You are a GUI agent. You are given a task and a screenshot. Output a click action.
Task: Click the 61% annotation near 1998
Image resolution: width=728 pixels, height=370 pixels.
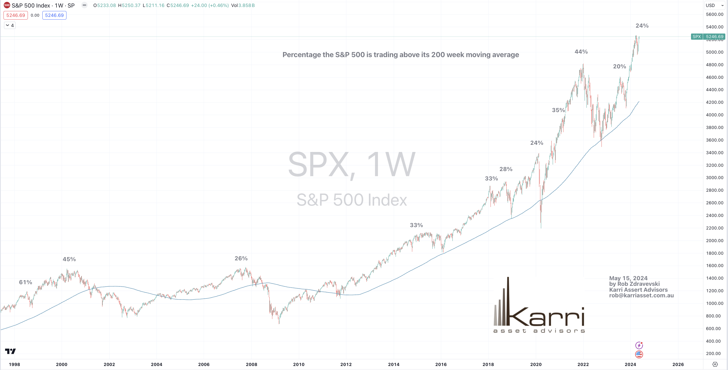click(x=25, y=282)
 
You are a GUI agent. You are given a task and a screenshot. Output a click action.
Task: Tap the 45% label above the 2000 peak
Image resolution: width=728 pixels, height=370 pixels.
click(x=69, y=259)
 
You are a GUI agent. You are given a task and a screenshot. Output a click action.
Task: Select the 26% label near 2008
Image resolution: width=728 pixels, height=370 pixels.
click(x=241, y=258)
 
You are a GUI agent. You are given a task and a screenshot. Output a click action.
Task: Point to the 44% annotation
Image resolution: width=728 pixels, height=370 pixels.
click(x=581, y=52)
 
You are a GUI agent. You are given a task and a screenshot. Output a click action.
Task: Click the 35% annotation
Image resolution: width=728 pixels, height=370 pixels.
click(x=558, y=110)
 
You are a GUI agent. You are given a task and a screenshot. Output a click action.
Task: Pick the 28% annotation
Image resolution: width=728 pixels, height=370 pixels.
click(x=506, y=169)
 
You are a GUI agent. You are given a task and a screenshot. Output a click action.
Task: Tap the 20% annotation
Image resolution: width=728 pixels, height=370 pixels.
click(x=619, y=66)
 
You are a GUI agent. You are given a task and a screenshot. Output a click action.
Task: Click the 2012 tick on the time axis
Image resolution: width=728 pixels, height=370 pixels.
click(x=346, y=364)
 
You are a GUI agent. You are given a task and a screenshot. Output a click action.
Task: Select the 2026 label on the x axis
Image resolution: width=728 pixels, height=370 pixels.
click(x=678, y=364)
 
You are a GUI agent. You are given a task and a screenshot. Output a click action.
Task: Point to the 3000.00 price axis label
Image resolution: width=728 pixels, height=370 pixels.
click(x=714, y=177)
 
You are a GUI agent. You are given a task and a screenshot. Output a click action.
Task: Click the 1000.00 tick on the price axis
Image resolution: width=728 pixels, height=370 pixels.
click(x=714, y=303)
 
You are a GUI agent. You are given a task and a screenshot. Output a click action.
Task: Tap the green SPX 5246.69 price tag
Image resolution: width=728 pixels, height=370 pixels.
click(x=708, y=36)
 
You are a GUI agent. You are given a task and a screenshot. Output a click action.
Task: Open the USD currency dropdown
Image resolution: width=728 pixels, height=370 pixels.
click(x=714, y=5)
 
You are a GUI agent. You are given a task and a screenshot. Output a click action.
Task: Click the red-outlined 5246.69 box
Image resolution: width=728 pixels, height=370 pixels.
click(x=16, y=15)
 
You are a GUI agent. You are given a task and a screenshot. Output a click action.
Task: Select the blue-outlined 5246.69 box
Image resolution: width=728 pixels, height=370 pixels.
click(x=54, y=15)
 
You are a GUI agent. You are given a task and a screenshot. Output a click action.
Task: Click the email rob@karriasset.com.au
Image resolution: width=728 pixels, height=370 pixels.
click(x=641, y=295)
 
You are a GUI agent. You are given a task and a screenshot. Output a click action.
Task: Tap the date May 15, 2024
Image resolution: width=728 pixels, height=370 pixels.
click(x=628, y=278)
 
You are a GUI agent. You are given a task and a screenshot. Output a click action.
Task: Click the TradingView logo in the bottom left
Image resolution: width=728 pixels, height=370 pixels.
click(x=10, y=351)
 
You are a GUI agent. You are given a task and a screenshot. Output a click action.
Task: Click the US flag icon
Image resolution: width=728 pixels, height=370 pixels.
click(x=639, y=354)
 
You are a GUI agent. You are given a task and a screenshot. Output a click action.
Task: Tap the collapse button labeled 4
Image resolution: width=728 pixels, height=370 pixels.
click(x=10, y=25)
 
